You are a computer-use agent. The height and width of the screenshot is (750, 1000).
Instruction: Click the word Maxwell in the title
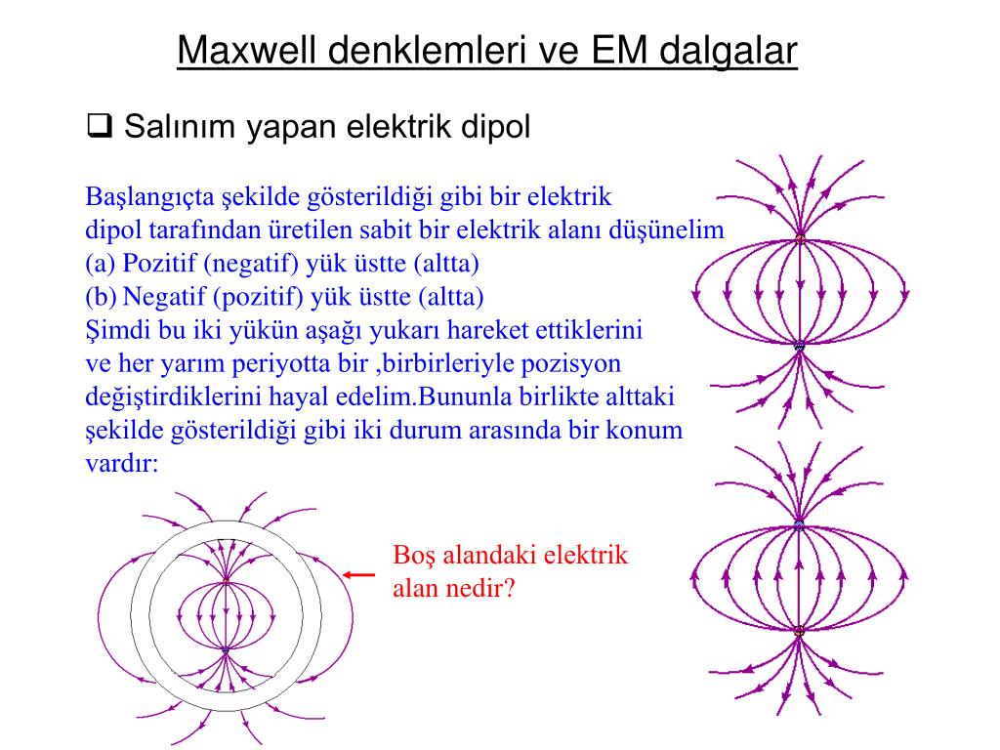(x=248, y=51)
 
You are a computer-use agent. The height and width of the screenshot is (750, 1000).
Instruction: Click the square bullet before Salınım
(x=98, y=126)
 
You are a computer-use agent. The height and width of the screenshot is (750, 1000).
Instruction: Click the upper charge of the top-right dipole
(x=800, y=238)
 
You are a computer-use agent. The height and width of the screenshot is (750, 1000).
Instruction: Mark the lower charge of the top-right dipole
(x=799, y=345)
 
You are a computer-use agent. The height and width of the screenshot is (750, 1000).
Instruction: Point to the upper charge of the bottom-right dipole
(x=799, y=524)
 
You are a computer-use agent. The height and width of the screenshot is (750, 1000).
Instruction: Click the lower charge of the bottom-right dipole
(x=799, y=632)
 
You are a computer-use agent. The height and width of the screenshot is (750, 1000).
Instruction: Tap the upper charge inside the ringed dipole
(x=226, y=580)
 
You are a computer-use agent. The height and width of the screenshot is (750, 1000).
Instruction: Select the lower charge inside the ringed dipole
(x=226, y=649)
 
